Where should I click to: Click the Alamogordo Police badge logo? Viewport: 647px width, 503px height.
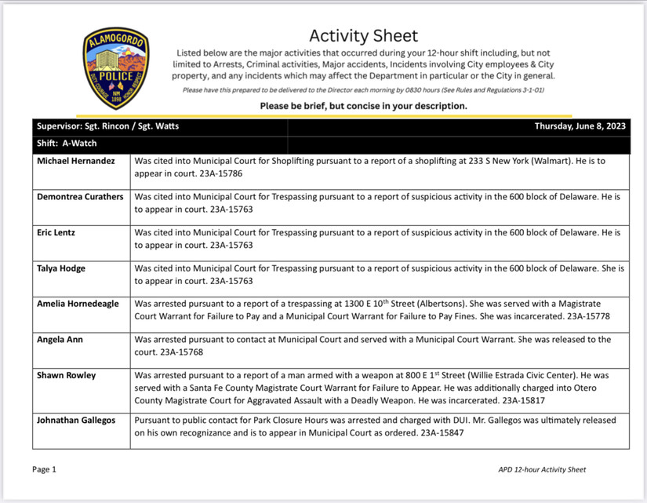click(115, 68)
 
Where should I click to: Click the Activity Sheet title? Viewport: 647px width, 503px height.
click(363, 35)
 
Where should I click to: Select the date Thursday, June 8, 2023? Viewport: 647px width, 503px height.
click(580, 126)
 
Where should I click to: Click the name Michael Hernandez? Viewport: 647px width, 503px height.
click(75, 161)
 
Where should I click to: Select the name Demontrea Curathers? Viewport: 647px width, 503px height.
click(80, 197)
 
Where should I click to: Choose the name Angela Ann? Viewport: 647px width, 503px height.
click(60, 340)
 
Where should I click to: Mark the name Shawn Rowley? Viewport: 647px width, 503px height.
click(67, 375)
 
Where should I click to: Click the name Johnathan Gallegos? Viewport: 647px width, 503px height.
click(76, 421)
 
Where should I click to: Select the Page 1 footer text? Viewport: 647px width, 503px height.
click(44, 469)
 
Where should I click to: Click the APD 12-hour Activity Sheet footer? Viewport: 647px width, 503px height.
click(542, 470)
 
